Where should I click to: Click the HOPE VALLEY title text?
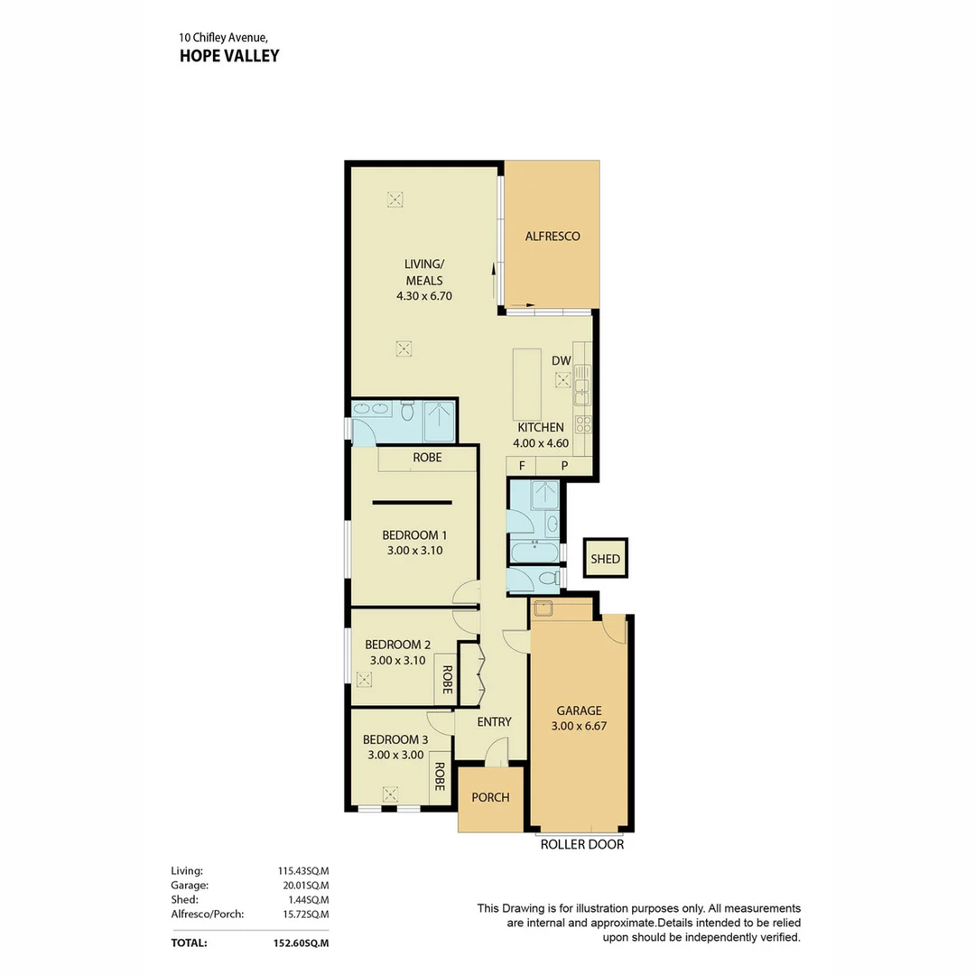click(228, 56)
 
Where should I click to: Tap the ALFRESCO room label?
click(552, 237)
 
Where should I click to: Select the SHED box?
click(605, 559)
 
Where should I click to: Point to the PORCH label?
click(490, 797)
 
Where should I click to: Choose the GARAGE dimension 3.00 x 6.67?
click(578, 726)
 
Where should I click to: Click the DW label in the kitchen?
click(562, 361)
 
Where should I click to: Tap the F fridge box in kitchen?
click(521, 466)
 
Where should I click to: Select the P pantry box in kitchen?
click(564, 466)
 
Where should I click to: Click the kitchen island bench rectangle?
click(527, 384)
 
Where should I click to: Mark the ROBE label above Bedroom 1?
click(427, 458)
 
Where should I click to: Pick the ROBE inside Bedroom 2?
click(446, 682)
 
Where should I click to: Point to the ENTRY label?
click(494, 722)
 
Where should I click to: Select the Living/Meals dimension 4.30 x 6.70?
click(423, 295)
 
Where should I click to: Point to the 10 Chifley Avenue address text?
click(223, 37)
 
